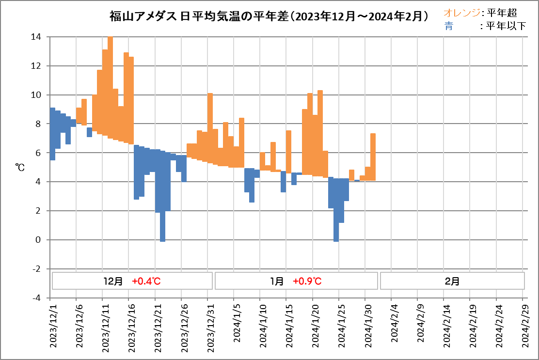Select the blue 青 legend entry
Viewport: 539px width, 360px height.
click(x=448, y=26)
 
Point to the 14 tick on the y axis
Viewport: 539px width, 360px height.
click(x=36, y=37)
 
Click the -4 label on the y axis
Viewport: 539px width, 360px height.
click(x=36, y=298)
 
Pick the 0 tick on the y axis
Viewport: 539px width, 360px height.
click(x=39, y=240)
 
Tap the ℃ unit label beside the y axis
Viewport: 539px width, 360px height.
click(x=20, y=167)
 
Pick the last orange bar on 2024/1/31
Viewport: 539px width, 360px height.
click(x=373, y=157)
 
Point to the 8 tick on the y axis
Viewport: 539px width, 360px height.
click(x=39, y=124)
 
